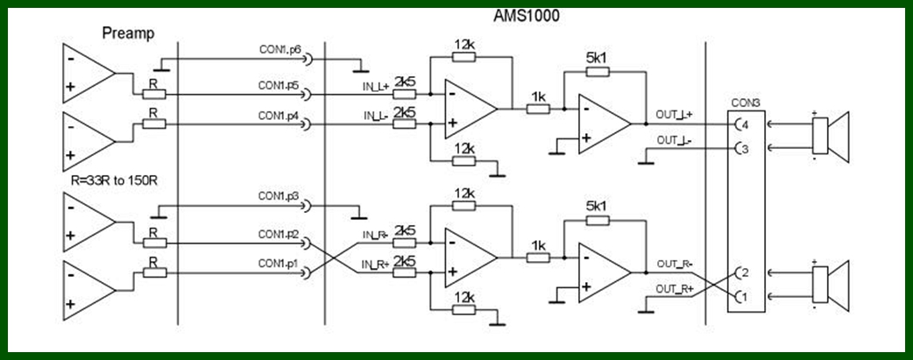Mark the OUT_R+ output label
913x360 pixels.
pyautogui.click(x=674, y=288)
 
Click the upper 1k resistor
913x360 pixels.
pyautogui.click(x=537, y=109)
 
